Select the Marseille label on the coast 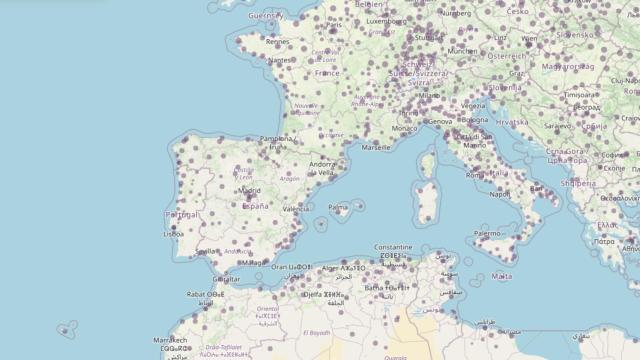coord(376,147)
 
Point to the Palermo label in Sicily coord(488,233)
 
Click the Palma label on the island coord(338,208)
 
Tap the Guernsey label coord(266,16)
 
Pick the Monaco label coord(405,128)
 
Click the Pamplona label coord(276,139)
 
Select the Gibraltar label coord(227,279)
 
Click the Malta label coord(502,275)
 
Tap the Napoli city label coord(500,194)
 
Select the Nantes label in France coord(280,60)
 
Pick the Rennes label coord(278,42)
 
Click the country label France coord(327,72)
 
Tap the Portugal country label coord(181,214)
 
